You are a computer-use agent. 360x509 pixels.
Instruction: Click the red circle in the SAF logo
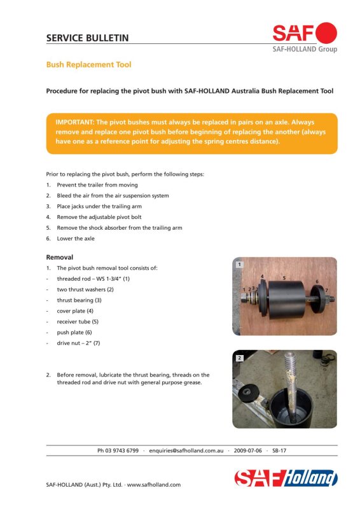click(x=326, y=33)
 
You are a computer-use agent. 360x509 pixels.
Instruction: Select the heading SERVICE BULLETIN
click(x=87, y=38)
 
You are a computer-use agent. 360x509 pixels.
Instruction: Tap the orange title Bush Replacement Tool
click(x=88, y=65)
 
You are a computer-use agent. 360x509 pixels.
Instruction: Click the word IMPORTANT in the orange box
click(x=74, y=122)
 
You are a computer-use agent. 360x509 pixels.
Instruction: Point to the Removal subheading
click(x=59, y=257)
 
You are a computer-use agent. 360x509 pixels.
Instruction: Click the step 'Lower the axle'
click(x=76, y=238)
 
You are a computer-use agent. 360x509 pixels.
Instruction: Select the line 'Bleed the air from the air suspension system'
click(x=113, y=196)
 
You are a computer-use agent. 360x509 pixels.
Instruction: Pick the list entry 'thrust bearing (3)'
click(x=80, y=300)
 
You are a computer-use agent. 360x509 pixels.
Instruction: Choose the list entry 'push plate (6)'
click(x=74, y=332)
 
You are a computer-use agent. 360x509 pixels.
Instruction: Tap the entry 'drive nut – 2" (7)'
click(x=78, y=343)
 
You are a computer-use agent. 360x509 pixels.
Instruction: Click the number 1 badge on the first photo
click(x=240, y=264)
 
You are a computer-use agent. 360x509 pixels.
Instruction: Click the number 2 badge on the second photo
click(x=240, y=358)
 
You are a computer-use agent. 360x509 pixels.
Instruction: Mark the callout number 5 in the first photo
click(x=284, y=278)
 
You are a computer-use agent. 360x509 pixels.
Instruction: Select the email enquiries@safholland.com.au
click(x=186, y=450)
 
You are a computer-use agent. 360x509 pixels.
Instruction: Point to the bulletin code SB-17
click(x=279, y=450)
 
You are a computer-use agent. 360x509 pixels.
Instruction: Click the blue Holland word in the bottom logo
click(x=310, y=478)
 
